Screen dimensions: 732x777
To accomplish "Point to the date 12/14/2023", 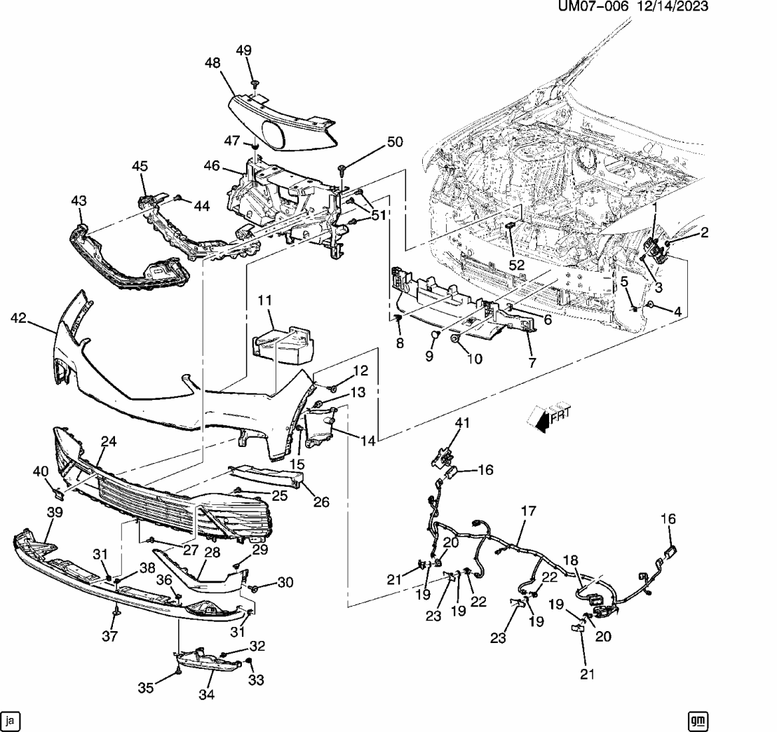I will click(672, 6).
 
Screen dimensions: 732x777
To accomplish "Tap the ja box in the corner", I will click(10, 719).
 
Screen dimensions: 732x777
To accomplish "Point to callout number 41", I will click(462, 422).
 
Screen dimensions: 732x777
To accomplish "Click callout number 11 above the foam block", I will click(264, 301).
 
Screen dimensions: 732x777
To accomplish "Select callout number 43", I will click(78, 201).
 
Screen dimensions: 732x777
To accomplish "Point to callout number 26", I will click(322, 502).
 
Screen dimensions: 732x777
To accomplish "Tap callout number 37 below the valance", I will click(111, 636).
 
